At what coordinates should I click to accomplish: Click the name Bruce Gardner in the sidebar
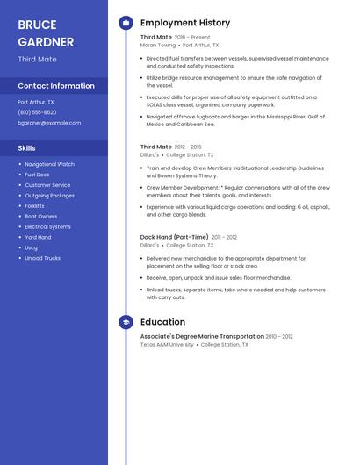click(x=46, y=32)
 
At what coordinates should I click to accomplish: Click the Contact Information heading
click(x=56, y=86)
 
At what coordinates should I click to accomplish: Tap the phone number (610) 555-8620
click(x=37, y=112)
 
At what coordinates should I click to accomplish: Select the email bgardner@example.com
click(x=49, y=123)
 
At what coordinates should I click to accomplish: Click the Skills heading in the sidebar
click(x=27, y=148)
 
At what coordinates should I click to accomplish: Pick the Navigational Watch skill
click(x=50, y=164)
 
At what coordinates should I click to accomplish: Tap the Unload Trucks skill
click(x=43, y=258)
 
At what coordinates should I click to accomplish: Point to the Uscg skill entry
click(x=32, y=247)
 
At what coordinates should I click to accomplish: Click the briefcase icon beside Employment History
click(x=126, y=23)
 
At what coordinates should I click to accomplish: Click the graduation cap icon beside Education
click(x=126, y=322)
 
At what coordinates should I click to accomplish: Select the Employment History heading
click(x=185, y=23)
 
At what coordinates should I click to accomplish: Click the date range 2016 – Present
click(x=192, y=38)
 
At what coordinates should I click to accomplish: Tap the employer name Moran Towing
click(x=158, y=45)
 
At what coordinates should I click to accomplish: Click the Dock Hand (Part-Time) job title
click(x=175, y=237)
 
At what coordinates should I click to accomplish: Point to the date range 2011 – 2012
click(x=225, y=237)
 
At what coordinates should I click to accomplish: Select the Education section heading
click(x=162, y=322)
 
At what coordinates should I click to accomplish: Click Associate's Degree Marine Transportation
click(x=202, y=336)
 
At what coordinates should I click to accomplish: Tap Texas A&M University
click(x=167, y=345)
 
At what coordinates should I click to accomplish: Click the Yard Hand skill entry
click(x=39, y=237)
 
